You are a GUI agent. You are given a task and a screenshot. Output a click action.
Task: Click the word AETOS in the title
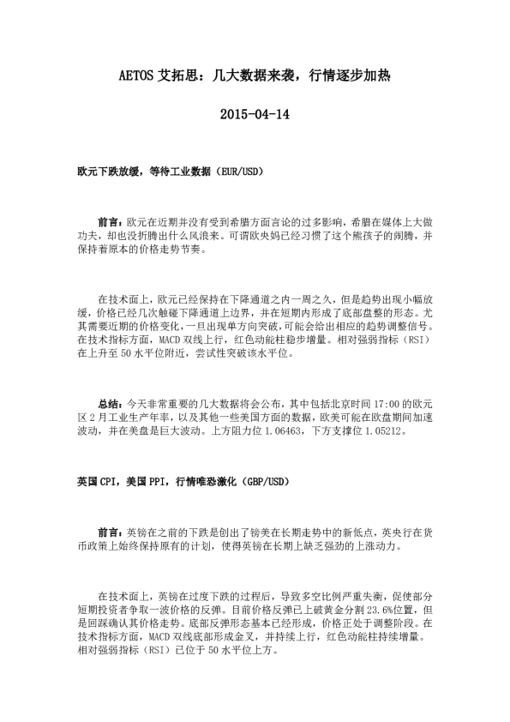(x=136, y=75)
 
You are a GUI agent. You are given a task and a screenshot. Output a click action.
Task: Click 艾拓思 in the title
(x=177, y=75)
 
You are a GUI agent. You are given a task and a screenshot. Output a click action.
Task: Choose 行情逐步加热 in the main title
(x=350, y=75)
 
